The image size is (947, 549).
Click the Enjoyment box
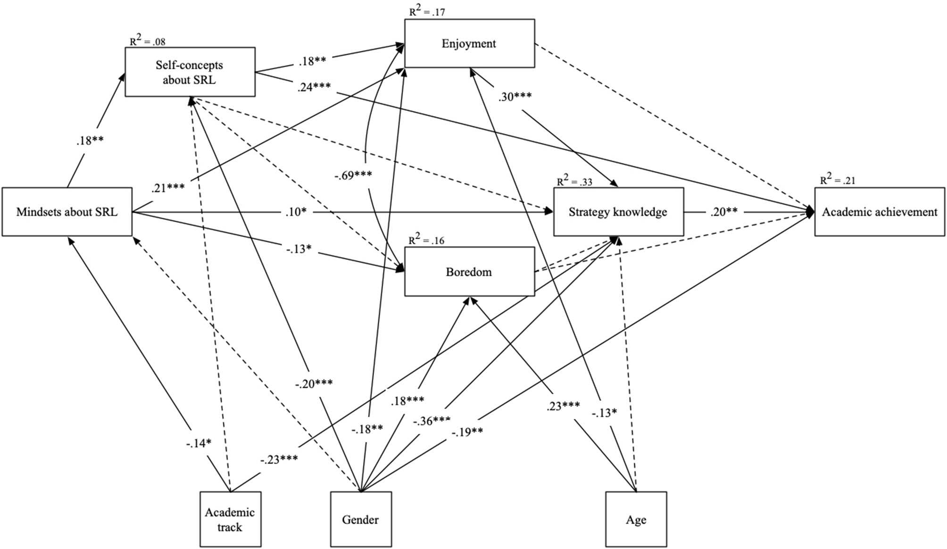(x=469, y=43)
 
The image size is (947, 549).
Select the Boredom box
(x=469, y=272)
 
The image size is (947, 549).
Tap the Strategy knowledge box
(x=618, y=212)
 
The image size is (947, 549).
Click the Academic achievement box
(x=880, y=212)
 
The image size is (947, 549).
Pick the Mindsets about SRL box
(x=67, y=212)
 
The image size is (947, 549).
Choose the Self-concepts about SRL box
(x=190, y=72)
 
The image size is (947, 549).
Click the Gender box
(x=361, y=519)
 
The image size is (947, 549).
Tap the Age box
(x=636, y=519)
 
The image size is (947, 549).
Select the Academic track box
(x=230, y=519)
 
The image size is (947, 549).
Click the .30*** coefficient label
(x=515, y=97)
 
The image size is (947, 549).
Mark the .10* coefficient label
(x=296, y=212)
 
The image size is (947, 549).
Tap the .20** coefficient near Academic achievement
(x=724, y=212)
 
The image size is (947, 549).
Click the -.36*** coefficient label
(x=432, y=421)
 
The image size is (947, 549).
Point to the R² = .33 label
(x=574, y=181)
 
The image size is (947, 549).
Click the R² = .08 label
(x=147, y=41)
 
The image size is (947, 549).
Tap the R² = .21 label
(x=837, y=180)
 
